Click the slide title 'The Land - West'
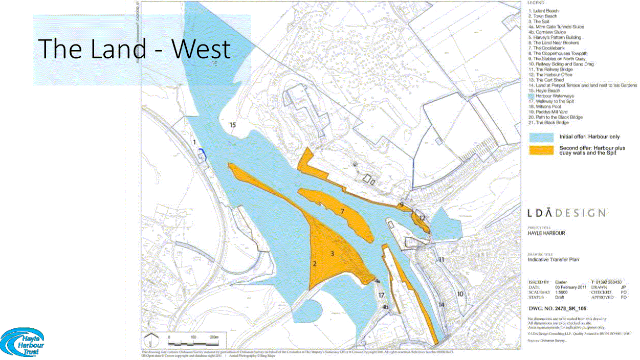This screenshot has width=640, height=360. (x=135, y=49)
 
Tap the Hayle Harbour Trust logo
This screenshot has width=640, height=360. (x=23, y=341)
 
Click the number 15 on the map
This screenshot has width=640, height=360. (x=233, y=125)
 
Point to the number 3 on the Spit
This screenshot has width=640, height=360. (x=332, y=253)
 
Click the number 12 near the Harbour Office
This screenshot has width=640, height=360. (x=422, y=218)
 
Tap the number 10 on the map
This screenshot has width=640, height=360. (x=460, y=294)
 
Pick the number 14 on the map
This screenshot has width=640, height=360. (x=442, y=305)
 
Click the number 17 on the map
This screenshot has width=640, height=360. (x=381, y=295)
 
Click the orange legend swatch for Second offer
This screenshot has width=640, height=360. (x=541, y=150)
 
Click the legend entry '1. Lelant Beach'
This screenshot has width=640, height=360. (x=543, y=11)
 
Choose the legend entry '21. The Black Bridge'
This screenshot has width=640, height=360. (x=548, y=123)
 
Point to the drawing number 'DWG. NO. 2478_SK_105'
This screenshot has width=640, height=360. (x=557, y=309)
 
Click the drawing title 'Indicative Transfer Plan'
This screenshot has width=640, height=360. (x=554, y=260)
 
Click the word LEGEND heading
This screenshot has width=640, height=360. (x=536, y=4)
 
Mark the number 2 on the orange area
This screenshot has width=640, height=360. (x=315, y=264)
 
